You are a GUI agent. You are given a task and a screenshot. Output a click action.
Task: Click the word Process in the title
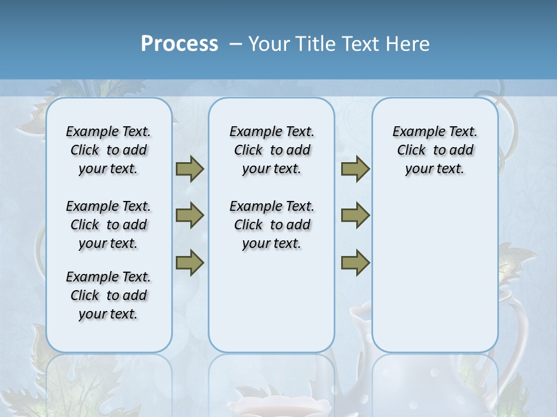pyautogui.click(x=179, y=43)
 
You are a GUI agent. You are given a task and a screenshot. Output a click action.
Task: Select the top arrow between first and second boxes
pyautogui.click(x=190, y=169)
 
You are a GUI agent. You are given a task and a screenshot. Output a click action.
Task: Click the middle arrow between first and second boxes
pyautogui.click(x=190, y=215)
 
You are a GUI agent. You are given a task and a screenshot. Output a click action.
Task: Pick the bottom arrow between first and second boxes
pyautogui.click(x=190, y=262)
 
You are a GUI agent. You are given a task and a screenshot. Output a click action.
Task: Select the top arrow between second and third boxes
pyautogui.click(x=355, y=169)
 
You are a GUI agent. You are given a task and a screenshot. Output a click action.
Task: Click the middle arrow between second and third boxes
pyautogui.click(x=355, y=215)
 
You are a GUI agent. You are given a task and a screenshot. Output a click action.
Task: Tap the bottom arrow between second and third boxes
pyautogui.click(x=355, y=262)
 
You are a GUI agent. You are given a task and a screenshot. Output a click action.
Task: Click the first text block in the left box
pyautogui.click(x=108, y=150)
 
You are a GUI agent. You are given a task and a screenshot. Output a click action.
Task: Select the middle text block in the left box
pyautogui.click(x=108, y=225)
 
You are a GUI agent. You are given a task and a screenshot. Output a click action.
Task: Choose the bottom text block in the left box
pyautogui.click(x=108, y=295)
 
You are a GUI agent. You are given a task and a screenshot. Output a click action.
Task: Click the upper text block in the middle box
pyautogui.click(x=272, y=150)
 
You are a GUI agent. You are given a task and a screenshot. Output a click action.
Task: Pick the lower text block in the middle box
pyautogui.click(x=272, y=225)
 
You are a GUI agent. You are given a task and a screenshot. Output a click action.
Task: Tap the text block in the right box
pyautogui.click(x=435, y=150)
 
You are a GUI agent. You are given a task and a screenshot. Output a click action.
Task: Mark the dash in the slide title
pyautogui.click(x=236, y=44)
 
